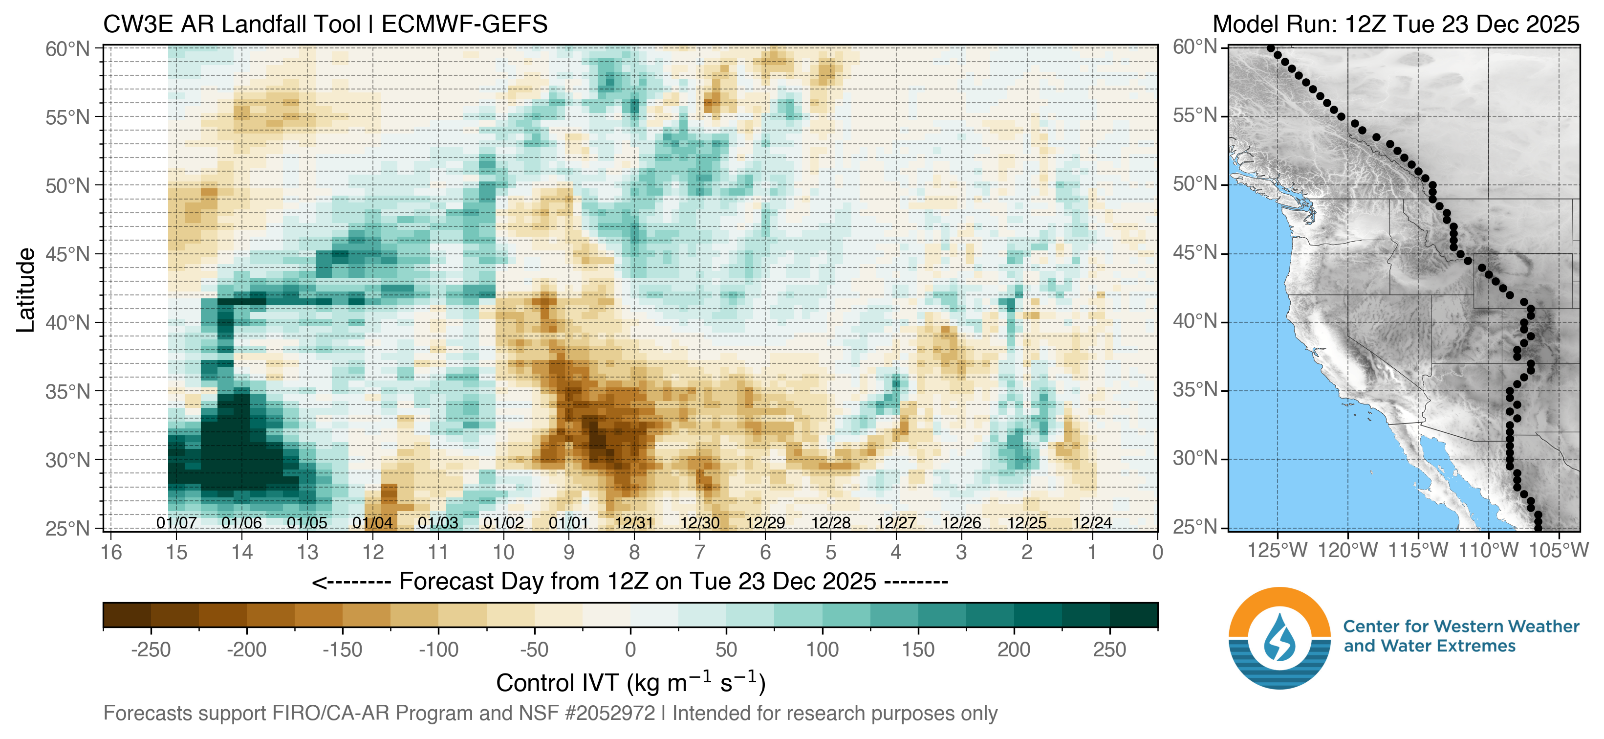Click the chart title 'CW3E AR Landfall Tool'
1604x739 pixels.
(x=231, y=24)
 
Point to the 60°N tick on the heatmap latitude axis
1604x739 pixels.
(x=68, y=48)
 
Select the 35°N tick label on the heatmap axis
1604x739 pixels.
(x=68, y=391)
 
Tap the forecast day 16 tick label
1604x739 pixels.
(x=111, y=552)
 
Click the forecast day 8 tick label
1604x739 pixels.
(x=634, y=552)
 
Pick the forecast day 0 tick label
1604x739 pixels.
(x=1157, y=552)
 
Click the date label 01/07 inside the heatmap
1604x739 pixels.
(x=176, y=523)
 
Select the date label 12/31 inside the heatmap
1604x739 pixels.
(x=634, y=523)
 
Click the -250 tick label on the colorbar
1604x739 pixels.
(x=151, y=649)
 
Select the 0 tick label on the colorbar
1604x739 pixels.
(x=630, y=649)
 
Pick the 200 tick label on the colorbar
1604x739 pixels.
(x=1014, y=649)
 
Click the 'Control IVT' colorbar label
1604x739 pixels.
(x=630, y=683)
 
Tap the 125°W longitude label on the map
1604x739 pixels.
(x=1278, y=551)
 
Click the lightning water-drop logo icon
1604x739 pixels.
(x=1279, y=637)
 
